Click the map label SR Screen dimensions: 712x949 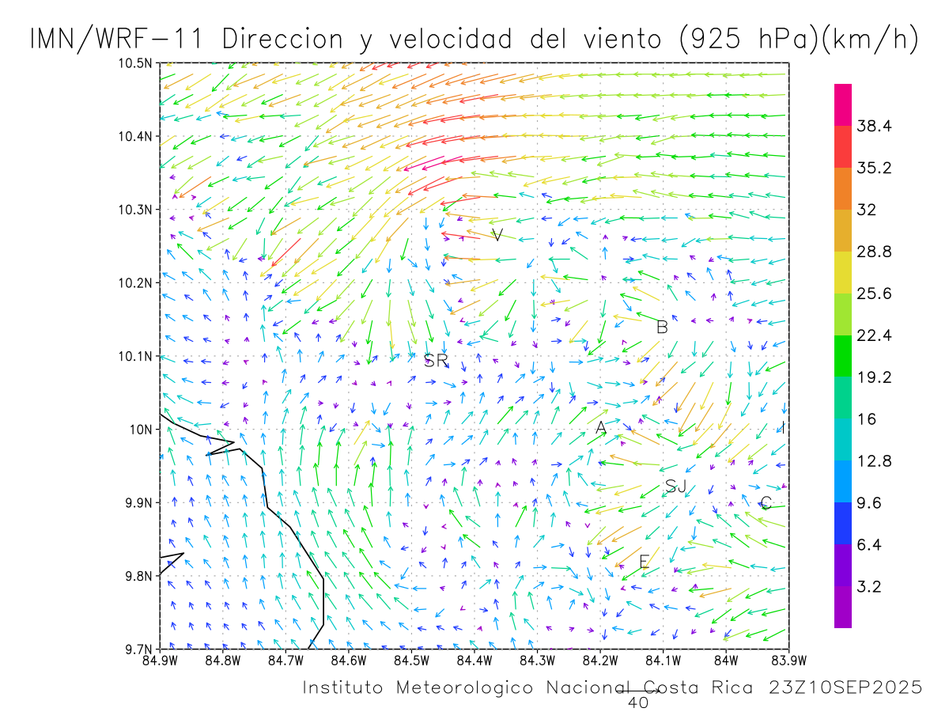click(436, 362)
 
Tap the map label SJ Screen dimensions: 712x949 click(675, 487)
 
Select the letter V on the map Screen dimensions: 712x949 click(497, 235)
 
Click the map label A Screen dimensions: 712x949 click(601, 428)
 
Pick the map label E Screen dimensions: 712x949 click(644, 562)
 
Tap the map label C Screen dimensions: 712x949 click(766, 503)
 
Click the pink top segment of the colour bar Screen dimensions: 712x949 click(843, 104)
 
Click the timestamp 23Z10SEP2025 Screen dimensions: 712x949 click(845, 688)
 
